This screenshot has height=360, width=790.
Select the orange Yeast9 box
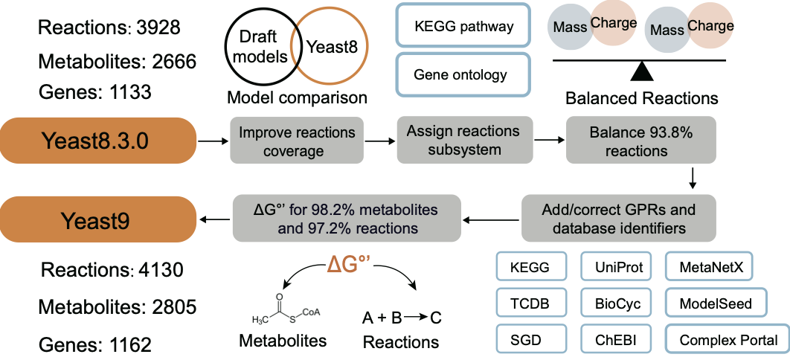[x=97, y=218]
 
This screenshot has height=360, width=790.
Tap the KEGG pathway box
[x=464, y=28]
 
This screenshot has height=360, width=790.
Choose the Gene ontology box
[x=464, y=74]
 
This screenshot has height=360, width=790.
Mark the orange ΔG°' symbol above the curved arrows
[x=350, y=266]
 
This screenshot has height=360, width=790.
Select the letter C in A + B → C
[x=436, y=318]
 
